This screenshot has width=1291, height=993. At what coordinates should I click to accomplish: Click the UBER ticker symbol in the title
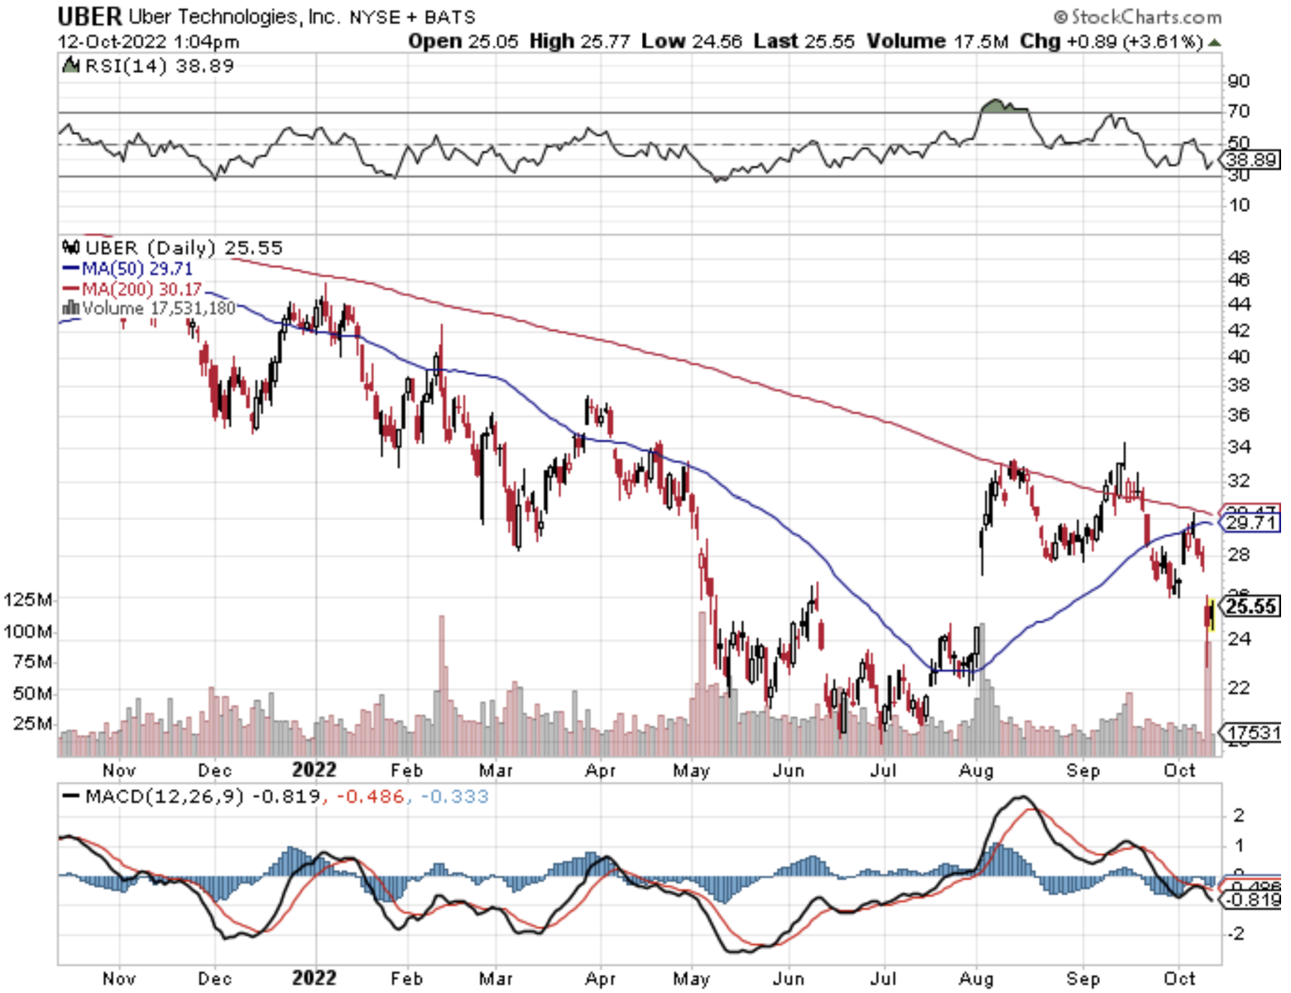[x=90, y=16]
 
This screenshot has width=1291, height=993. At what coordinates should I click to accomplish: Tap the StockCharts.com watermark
[x=1137, y=17]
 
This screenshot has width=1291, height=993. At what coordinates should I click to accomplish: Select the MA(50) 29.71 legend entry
[x=128, y=269]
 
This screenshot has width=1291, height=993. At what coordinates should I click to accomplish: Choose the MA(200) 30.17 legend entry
[x=132, y=289]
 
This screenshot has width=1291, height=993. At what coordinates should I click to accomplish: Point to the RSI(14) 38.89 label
[x=149, y=66]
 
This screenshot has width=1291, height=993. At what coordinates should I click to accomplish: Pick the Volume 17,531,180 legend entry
[x=149, y=309]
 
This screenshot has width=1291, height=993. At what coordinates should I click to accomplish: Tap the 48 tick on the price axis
[x=1239, y=257]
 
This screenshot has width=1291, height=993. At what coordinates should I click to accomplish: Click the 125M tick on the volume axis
[x=28, y=599]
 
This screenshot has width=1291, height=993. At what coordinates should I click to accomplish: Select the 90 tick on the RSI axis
[x=1239, y=81]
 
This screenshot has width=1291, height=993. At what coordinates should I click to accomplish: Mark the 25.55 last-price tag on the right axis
[x=1251, y=607]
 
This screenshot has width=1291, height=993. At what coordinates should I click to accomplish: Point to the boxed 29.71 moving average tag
[x=1251, y=523]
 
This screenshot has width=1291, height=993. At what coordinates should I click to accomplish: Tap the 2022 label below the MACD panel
[x=314, y=978]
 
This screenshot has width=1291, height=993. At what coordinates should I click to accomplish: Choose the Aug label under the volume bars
[x=977, y=770]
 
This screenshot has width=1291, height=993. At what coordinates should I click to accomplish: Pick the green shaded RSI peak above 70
[x=1002, y=106]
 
